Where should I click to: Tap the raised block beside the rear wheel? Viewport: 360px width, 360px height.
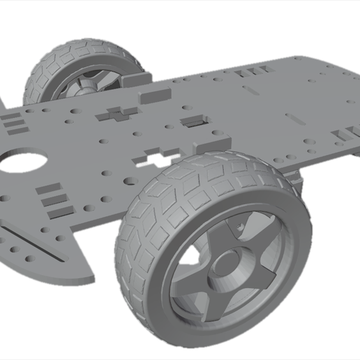[x=154, y=93]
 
